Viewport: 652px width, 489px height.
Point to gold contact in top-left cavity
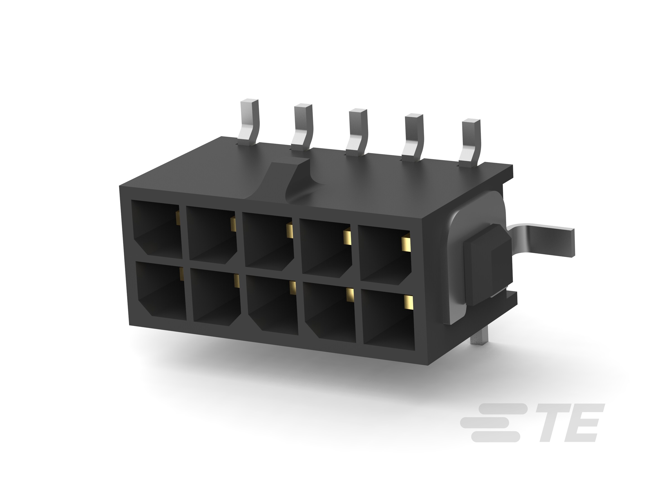(178, 218)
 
